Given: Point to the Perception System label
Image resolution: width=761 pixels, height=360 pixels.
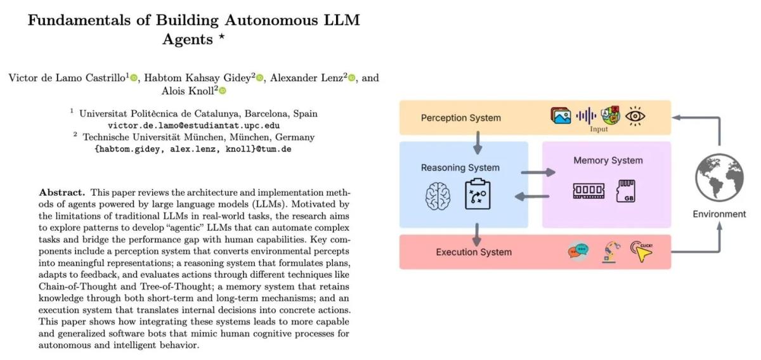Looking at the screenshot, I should [x=461, y=118].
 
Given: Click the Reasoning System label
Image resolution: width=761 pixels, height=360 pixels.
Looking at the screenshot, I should [x=460, y=168].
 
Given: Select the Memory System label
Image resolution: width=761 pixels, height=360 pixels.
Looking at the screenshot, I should [x=608, y=160].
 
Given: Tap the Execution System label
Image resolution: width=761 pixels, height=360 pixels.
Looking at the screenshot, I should [x=474, y=252].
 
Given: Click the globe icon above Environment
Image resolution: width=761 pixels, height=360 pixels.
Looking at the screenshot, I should [x=719, y=178].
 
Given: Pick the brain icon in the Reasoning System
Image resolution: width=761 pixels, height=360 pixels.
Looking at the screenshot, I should [x=438, y=196].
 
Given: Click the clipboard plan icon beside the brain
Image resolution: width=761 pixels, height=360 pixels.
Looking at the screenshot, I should [x=478, y=195].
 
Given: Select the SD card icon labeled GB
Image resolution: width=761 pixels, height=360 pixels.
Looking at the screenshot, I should [x=626, y=191].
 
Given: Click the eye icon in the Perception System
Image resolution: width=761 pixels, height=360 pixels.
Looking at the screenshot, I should [x=635, y=115].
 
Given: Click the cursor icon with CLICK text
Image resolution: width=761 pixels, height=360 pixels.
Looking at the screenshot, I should [x=641, y=252].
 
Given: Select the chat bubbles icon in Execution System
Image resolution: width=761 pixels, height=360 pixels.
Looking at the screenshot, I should [x=578, y=252].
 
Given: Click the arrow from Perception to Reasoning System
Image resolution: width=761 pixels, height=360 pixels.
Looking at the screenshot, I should [x=478, y=144].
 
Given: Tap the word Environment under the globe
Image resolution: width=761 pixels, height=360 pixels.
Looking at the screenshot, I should [x=719, y=214].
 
